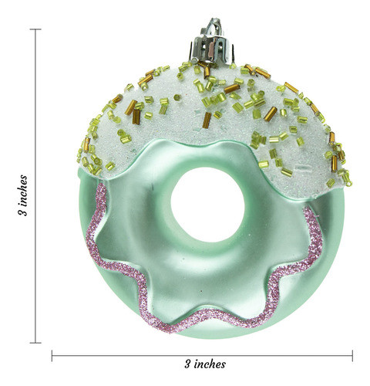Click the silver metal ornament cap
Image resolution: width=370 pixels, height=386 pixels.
click(212, 49)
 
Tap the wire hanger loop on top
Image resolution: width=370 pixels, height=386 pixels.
click(214, 25)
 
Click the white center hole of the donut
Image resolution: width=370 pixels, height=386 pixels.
click(207, 205)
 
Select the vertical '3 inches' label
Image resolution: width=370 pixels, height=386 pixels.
click(22, 195)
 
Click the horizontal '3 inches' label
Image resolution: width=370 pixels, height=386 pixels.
click(205, 364)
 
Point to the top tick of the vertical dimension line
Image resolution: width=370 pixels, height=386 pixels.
click(35, 29)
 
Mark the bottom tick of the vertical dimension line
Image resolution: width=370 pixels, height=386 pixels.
click(35, 343)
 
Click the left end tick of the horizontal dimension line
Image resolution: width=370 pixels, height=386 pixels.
click(52, 356)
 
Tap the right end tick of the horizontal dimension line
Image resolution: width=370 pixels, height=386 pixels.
click(352, 356)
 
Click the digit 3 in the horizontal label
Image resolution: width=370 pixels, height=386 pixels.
click(188, 364)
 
